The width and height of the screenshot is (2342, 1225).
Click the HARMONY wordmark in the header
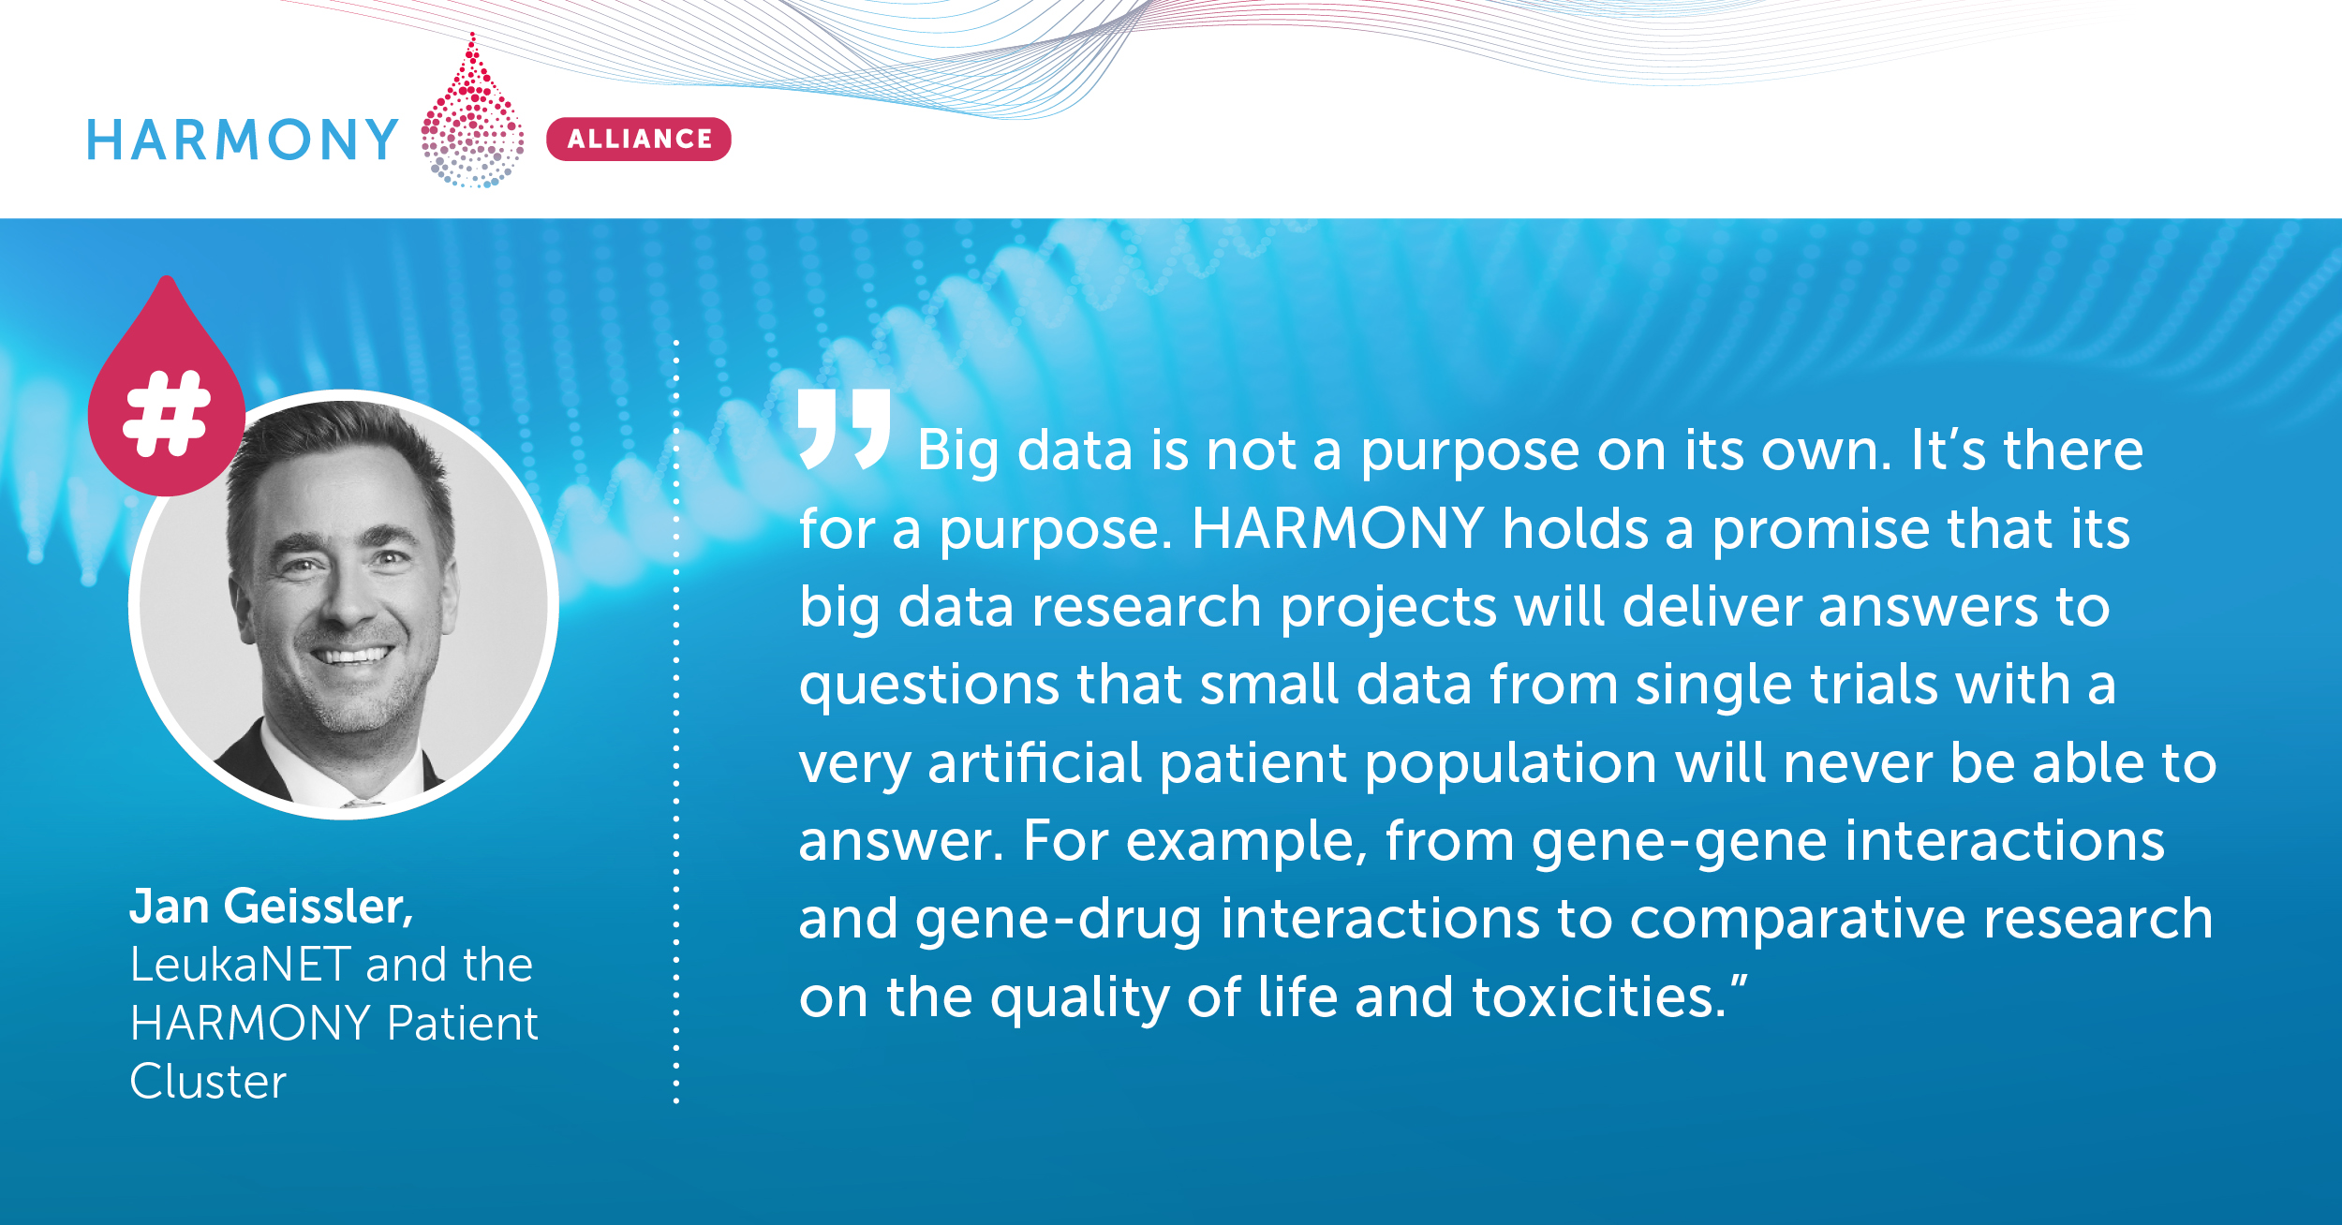(x=243, y=140)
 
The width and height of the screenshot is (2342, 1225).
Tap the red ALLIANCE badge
(x=639, y=139)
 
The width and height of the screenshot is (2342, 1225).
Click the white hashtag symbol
(x=167, y=413)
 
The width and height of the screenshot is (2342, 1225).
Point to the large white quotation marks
(x=844, y=428)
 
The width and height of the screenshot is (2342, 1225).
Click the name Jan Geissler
(x=272, y=907)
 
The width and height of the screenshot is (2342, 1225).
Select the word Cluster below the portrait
(x=208, y=1082)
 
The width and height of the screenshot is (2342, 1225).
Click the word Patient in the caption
(x=463, y=1023)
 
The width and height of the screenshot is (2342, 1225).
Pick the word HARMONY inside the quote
(x=1338, y=528)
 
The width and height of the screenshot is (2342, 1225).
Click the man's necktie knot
(x=362, y=803)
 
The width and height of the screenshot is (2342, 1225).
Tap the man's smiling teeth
(x=354, y=655)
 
